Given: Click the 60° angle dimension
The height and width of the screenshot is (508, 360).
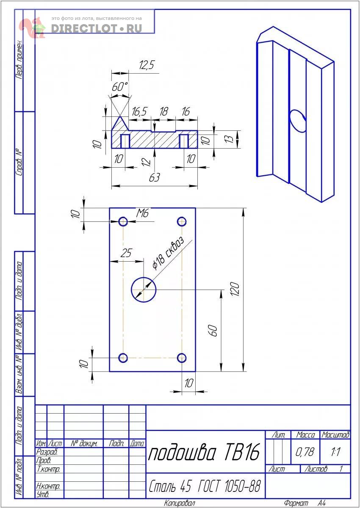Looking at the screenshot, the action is point(120,87).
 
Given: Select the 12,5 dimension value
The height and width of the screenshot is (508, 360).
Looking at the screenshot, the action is point(147,65).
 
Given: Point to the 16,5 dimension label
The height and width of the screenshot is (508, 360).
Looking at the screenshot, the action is point(139,112).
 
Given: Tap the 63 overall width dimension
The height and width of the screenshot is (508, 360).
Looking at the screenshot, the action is point(155,177).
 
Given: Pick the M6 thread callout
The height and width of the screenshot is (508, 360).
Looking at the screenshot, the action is point(142,213).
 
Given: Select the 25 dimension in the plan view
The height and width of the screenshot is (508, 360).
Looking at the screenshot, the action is point(126,253).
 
